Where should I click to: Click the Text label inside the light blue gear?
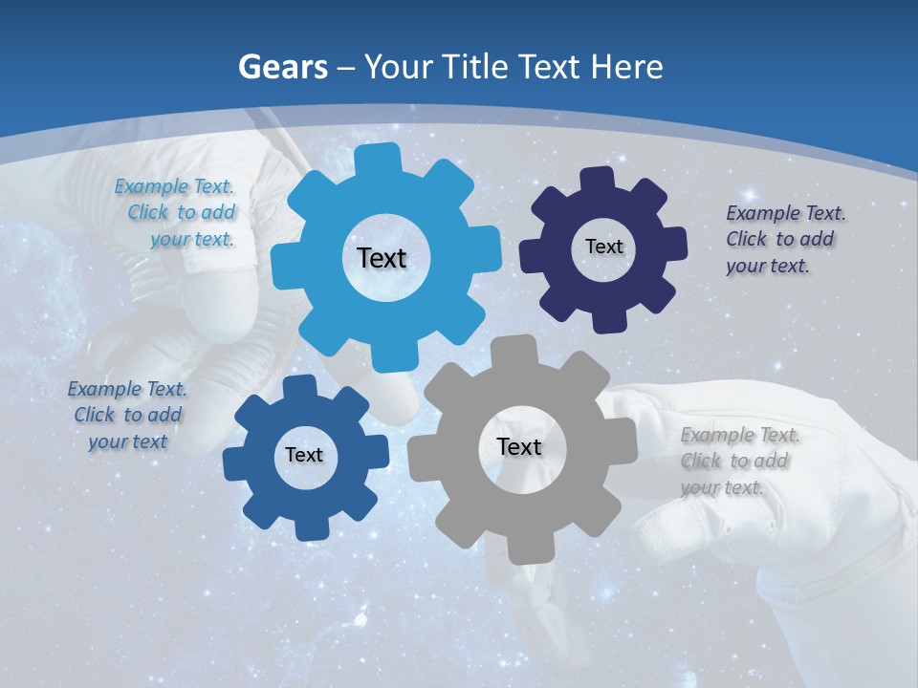(382, 258)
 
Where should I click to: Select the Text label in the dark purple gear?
(603, 247)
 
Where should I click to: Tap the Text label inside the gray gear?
(519, 446)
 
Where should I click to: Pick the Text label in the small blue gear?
(304, 455)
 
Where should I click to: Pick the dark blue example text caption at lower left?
(127, 415)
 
